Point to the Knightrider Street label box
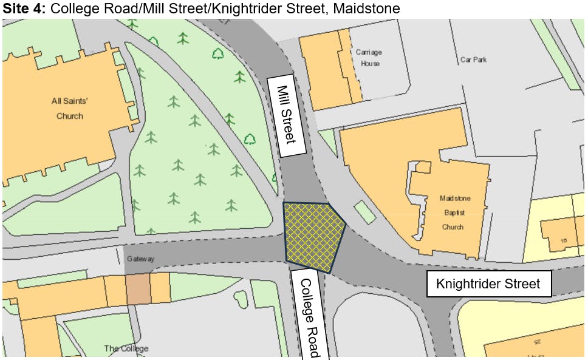pos(488,284)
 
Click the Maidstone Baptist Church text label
pos(452,212)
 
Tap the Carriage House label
pos(368,58)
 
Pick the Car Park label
pos(473,59)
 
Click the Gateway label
pos(142,259)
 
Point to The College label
pos(126,348)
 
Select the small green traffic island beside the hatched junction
pos(364,212)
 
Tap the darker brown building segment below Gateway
pos(137,289)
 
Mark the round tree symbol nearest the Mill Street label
pos(250,138)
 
